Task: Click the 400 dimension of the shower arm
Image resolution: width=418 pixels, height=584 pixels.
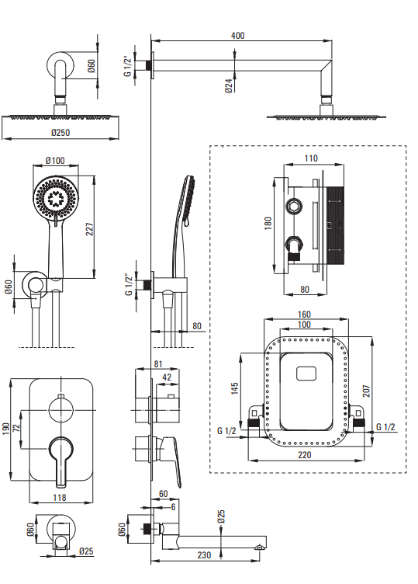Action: tap(237, 36)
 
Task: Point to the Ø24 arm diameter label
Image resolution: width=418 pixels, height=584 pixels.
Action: tap(229, 85)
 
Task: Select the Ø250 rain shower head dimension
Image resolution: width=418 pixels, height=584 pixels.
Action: tap(60, 132)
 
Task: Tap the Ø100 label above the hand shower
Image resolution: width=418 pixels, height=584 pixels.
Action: tap(55, 161)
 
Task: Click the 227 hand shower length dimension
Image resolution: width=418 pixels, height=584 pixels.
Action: tap(90, 229)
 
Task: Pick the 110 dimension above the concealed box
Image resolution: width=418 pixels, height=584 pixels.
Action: tap(311, 158)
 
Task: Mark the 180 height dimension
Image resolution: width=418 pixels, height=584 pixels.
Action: tap(268, 223)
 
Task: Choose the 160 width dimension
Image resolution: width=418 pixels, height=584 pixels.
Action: tap(304, 315)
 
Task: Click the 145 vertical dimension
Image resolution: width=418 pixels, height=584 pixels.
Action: tap(234, 388)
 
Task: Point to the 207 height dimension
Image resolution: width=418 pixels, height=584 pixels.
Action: tap(366, 391)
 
